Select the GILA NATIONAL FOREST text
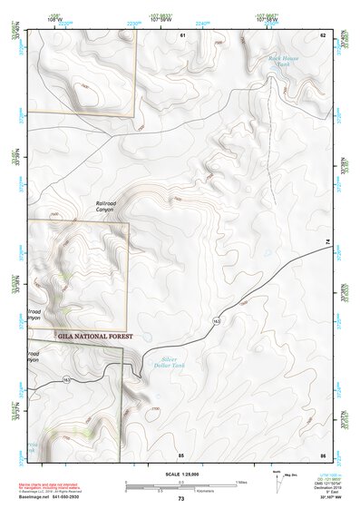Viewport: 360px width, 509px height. tap(94, 336)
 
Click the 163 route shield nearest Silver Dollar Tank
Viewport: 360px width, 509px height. tap(216, 321)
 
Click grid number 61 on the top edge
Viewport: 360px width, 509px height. tap(181, 34)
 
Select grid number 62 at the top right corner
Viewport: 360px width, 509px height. tap(322, 34)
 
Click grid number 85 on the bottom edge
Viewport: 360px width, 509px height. tap(181, 455)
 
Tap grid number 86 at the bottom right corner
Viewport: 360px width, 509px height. tap(322, 455)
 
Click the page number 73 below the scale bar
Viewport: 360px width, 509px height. tap(180, 499)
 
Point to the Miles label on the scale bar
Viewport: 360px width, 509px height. tap(241, 481)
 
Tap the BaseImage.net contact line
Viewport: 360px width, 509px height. tap(50, 497)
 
